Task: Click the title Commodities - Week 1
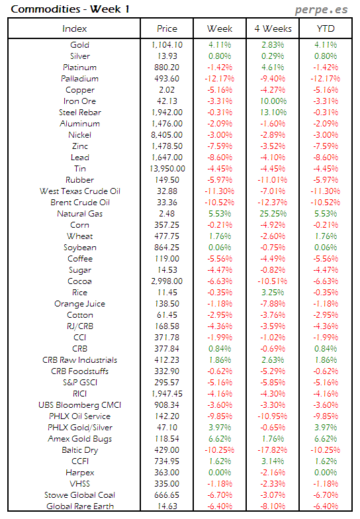55,9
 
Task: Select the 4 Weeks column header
273,28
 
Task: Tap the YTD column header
325,28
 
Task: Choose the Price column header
167,28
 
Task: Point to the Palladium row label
79,79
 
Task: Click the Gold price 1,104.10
167,45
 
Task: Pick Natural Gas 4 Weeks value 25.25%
273,214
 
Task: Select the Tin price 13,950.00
167,169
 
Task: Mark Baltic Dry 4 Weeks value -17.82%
273,450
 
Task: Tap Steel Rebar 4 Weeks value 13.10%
273,113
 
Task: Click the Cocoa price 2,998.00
167,281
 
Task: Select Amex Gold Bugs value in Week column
220,439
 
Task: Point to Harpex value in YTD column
325,473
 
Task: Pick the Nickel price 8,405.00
167,135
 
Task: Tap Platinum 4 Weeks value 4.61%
273,68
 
